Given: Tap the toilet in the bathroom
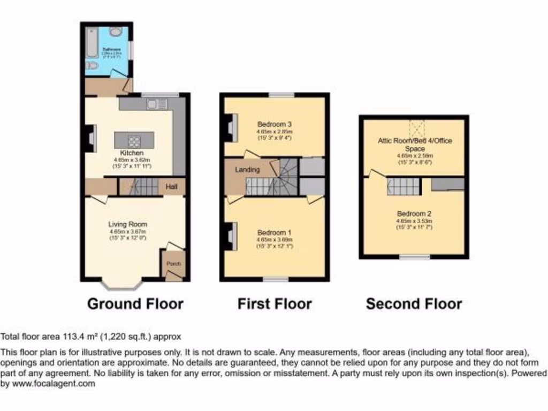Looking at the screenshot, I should (x=92, y=66).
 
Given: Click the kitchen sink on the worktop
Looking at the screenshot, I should (x=154, y=103).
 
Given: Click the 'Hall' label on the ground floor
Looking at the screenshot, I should (x=171, y=187).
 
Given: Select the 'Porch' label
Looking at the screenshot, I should (x=174, y=264).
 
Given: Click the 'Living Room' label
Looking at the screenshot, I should (x=128, y=224).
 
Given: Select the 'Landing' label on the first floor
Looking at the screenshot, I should (x=247, y=170).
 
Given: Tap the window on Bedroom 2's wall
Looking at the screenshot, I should (x=415, y=257).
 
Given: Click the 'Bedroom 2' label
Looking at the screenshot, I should (x=414, y=214).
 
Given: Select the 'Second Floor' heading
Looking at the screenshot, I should (x=414, y=304).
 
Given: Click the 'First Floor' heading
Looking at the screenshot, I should (x=275, y=304).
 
